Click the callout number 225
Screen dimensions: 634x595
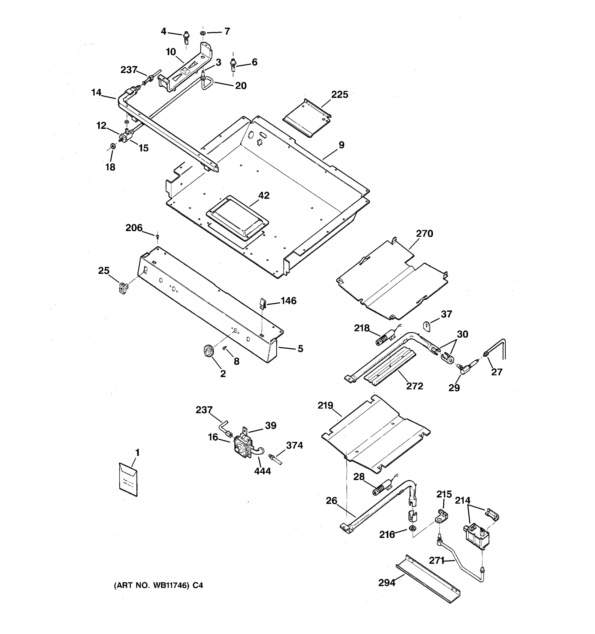tap(339, 95)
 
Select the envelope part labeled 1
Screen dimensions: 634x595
tap(128, 479)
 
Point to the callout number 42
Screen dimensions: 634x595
tap(264, 195)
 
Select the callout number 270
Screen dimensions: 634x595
tap(424, 234)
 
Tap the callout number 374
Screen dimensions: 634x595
tap(294, 445)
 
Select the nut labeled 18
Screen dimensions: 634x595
tap(112, 147)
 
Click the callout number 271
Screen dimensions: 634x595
tap(437, 560)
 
